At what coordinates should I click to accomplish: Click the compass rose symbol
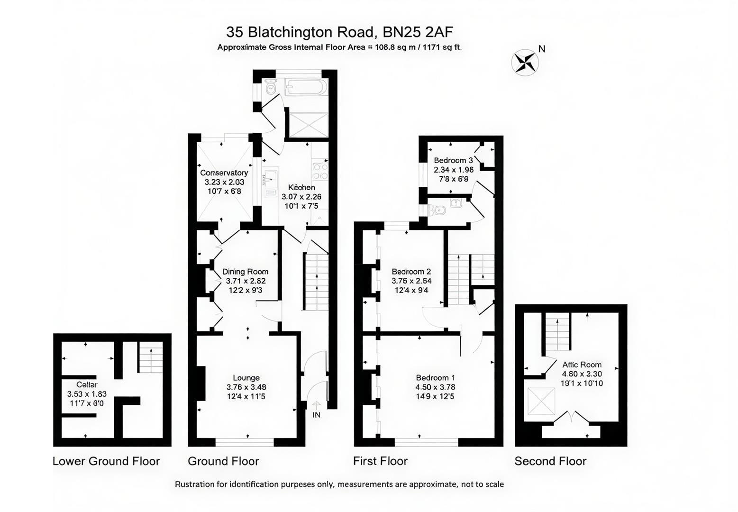(525, 62)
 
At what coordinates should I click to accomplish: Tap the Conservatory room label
(224, 173)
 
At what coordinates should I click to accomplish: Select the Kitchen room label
(301, 187)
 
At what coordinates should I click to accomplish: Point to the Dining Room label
(245, 272)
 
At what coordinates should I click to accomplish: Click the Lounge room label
(246, 378)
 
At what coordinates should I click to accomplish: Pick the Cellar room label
(87, 384)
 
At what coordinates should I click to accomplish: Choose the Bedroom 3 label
(453, 160)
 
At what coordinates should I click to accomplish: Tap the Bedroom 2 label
(411, 272)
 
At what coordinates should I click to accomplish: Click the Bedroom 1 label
(435, 378)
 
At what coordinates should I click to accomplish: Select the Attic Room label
(582, 365)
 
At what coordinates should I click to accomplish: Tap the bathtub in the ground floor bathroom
(306, 88)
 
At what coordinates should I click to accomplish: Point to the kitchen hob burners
(320, 171)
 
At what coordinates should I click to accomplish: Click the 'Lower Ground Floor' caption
(106, 461)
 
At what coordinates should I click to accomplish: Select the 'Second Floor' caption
(550, 461)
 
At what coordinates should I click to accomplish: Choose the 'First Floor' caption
(380, 461)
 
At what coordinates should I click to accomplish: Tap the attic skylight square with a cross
(541, 401)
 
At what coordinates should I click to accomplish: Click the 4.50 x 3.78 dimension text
(435, 387)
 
